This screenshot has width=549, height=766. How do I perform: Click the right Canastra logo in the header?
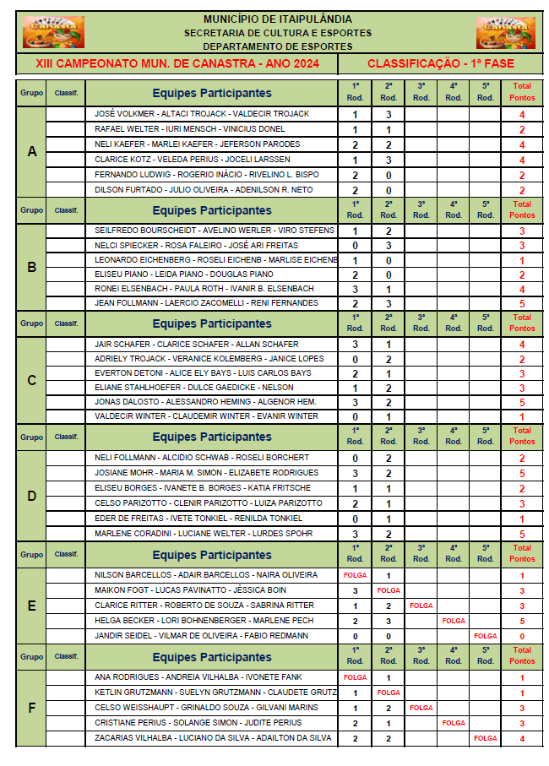pyautogui.click(x=505, y=32)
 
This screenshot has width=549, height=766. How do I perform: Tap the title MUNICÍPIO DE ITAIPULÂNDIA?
pyautogui.click(x=278, y=19)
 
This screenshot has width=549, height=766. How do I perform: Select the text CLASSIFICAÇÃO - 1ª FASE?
pyautogui.click(x=440, y=64)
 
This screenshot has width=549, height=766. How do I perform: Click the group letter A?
pyautogui.click(x=32, y=152)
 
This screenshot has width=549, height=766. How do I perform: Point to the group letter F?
pyautogui.click(x=32, y=708)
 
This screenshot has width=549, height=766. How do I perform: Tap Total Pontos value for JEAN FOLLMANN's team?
pyautogui.click(x=522, y=303)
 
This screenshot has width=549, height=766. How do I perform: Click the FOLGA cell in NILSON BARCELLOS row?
pyautogui.click(x=356, y=575)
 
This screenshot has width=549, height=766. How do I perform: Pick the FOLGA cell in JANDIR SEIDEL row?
pyautogui.click(x=486, y=636)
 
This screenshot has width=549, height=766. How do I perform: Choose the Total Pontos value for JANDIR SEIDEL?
pyautogui.click(x=522, y=636)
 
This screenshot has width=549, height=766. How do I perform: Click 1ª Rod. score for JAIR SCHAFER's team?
pyautogui.click(x=356, y=345)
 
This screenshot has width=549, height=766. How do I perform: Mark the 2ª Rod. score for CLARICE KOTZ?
pyautogui.click(x=389, y=160)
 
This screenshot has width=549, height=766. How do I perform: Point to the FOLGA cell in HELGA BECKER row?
pyautogui.click(x=454, y=621)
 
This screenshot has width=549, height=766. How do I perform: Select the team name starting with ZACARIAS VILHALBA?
pyautogui.click(x=212, y=738)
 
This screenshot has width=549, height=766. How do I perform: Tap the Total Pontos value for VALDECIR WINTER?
pyautogui.click(x=522, y=416)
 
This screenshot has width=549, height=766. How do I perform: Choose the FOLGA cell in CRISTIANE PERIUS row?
pyautogui.click(x=454, y=723)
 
